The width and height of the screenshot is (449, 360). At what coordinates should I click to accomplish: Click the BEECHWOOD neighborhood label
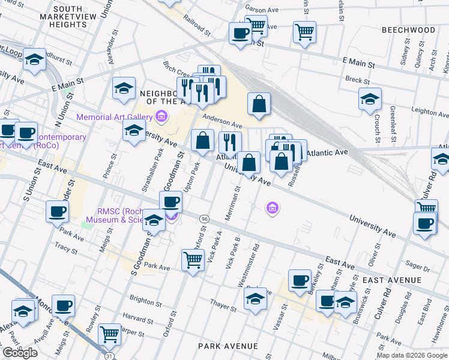[408, 29]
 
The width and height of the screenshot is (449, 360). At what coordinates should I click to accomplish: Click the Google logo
[20, 353]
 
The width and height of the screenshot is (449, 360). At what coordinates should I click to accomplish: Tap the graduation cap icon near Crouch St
[370, 98]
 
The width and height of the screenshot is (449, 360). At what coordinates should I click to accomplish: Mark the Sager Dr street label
[414, 263]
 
